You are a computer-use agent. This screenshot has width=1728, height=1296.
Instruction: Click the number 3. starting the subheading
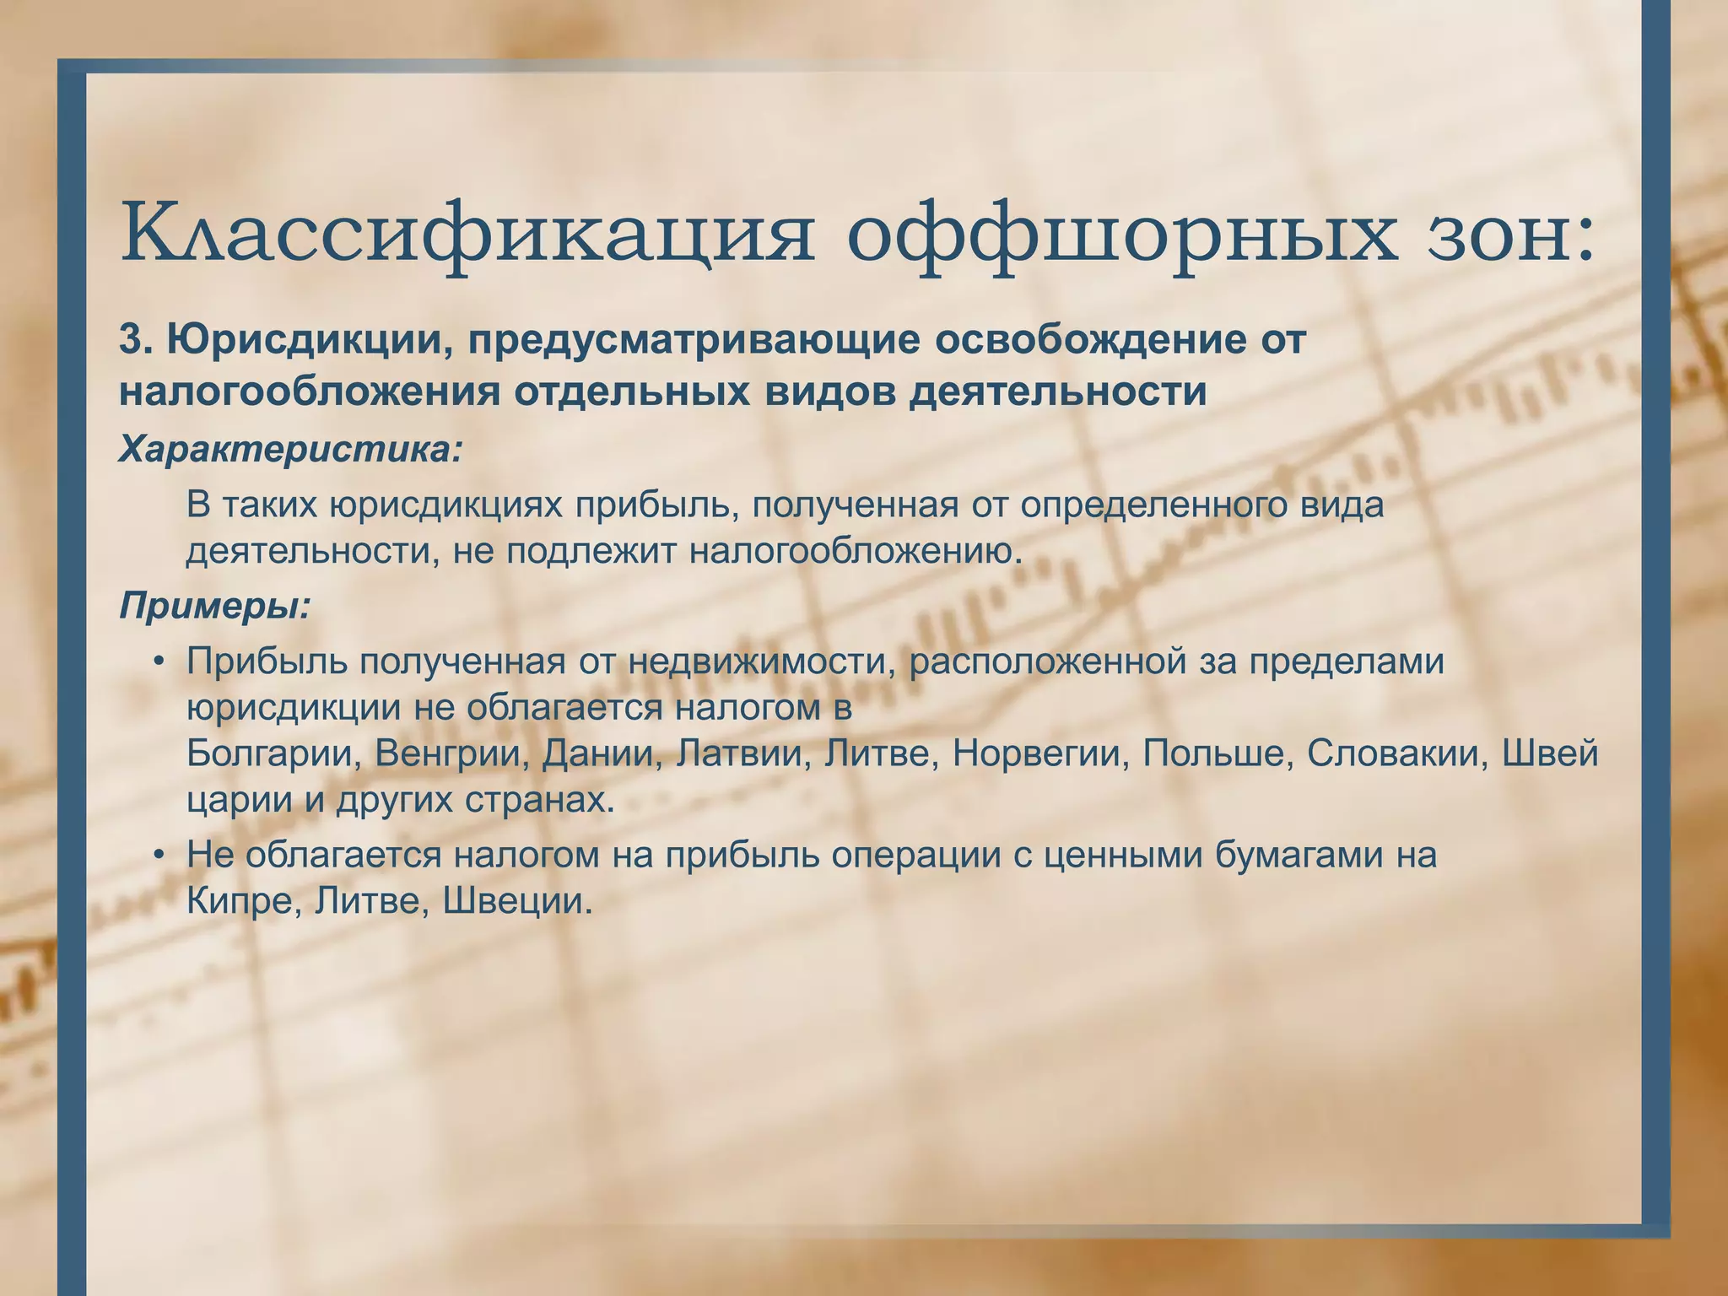point(136,340)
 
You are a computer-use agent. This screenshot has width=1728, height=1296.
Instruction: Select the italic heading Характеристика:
point(291,450)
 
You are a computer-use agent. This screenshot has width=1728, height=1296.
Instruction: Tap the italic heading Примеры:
point(216,605)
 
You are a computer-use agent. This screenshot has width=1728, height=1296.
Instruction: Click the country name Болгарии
point(269,753)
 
